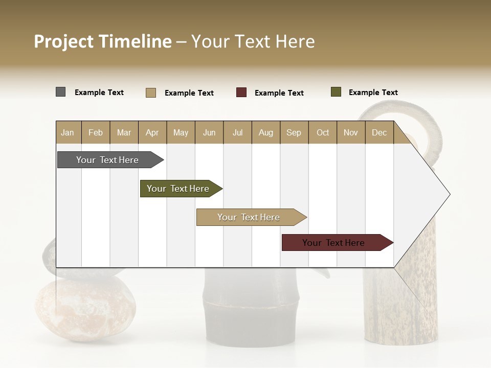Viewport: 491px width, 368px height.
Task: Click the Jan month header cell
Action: [68, 132]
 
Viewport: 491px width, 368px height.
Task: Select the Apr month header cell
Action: [152, 132]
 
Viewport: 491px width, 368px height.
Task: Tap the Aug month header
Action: [266, 132]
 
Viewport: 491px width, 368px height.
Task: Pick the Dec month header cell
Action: [379, 132]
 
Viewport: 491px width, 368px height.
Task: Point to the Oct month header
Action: [323, 132]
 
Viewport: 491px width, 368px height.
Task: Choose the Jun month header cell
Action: [209, 132]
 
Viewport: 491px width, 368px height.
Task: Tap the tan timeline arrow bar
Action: [250, 217]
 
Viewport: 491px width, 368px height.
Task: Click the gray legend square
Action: [60, 92]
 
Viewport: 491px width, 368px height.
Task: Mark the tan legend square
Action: [150, 93]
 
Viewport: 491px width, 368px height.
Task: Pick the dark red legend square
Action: [241, 93]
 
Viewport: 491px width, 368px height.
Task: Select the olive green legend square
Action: [336, 92]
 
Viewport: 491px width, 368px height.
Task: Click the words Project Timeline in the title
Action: [102, 41]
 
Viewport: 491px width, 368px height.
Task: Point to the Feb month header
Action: [96, 132]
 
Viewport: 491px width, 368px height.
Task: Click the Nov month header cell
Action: [351, 132]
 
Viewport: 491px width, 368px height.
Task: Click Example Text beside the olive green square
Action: [373, 93]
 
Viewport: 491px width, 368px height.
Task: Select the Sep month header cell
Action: [294, 132]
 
